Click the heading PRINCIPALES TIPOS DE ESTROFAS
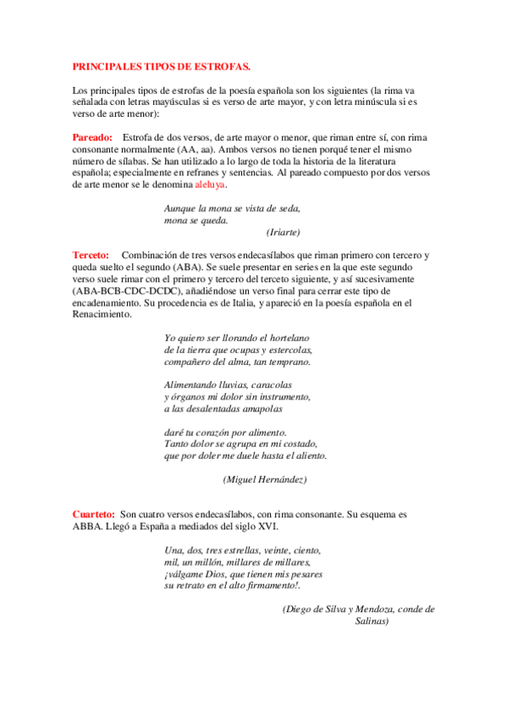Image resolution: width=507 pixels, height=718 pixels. (162, 65)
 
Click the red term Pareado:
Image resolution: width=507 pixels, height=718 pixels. (92, 137)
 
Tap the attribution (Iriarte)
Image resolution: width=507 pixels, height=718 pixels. (284, 231)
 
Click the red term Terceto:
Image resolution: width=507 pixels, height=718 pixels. (91, 255)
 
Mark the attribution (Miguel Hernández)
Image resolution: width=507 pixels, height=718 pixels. (264, 479)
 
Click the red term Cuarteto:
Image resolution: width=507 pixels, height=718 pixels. (93, 513)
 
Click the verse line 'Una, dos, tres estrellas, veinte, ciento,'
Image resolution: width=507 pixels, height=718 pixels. (243, 550)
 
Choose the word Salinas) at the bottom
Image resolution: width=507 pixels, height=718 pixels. (371, 621)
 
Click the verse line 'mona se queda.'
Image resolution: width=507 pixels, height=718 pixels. (196, 220)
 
